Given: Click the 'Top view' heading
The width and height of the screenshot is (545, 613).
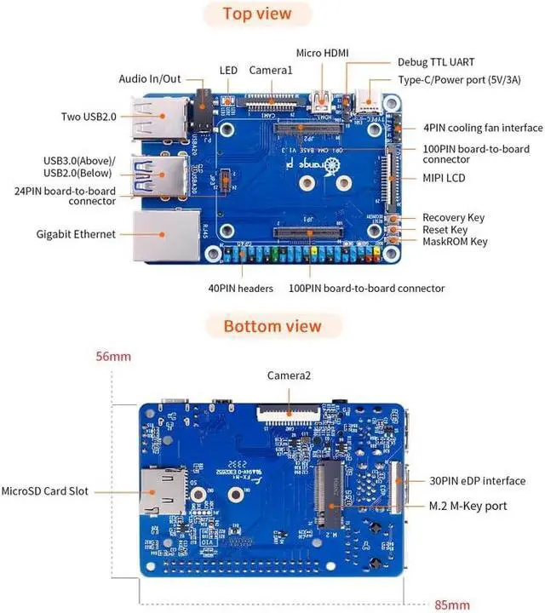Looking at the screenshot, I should [x=256, y=14].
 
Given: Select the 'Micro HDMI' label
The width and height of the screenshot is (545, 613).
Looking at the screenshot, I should [x=322, y=53].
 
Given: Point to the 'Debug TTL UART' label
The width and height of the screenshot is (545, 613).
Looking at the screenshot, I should [x=436, y=62].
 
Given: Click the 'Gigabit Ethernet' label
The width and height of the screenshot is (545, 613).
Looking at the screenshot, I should [x=76, y=233].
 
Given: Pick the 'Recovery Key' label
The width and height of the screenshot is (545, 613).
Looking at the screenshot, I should [x=453, y=217].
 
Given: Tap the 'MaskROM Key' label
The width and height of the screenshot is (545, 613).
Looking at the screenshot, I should [x=455, y=242].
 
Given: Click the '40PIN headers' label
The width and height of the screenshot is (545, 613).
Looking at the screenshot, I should [x=242, y=289].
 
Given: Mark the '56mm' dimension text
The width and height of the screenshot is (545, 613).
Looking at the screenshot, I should [x=113, y=356].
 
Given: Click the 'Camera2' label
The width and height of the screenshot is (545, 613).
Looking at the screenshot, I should [x=289, y=375].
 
